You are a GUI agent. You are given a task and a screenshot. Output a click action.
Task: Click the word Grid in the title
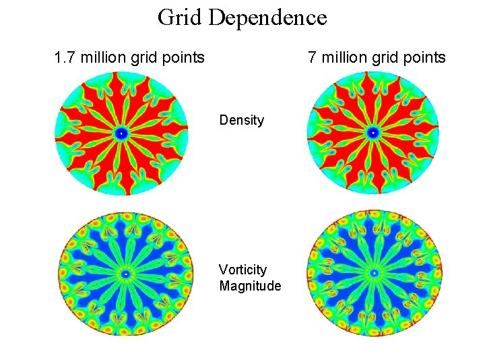181,17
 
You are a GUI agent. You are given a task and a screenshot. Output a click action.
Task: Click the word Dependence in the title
268,17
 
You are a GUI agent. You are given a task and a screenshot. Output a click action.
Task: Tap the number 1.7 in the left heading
65,57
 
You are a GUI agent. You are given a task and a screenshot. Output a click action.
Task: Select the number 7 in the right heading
312,57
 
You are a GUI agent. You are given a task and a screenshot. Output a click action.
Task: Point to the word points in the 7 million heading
424,57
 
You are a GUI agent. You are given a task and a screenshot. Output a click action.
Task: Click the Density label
242,121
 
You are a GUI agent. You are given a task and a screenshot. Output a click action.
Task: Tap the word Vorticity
243,270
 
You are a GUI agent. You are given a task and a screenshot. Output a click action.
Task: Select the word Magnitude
250,286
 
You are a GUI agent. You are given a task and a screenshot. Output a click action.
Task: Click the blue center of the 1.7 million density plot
122,133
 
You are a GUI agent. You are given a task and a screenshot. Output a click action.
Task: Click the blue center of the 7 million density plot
373,133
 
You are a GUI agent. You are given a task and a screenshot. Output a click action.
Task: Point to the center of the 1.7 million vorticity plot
125,274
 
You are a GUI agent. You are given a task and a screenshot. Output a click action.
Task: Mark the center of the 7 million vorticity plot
374,273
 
